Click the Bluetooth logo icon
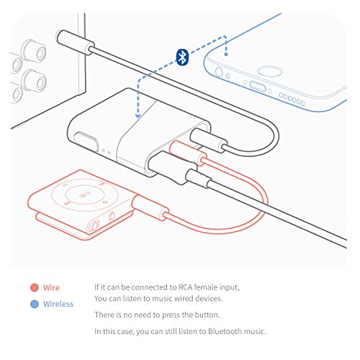(182, 57)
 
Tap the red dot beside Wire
(35, 287)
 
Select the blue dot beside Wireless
(35, 304)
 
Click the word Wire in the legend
(51, 287)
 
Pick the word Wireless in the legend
(58, 304)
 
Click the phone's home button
(270, 71)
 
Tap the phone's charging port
(258, 86)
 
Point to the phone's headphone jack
(219, 72)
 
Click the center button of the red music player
(81, 194)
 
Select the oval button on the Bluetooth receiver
(86, 142)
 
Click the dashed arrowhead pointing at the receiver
(138, 115)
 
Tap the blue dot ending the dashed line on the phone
(226, 55)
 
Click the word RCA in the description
(185, 287)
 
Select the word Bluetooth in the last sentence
(225, 331)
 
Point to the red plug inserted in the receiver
(188, 153)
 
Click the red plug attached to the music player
(150, 207)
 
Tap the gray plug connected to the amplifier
(75, 42)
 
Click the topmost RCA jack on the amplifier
(34, 50)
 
